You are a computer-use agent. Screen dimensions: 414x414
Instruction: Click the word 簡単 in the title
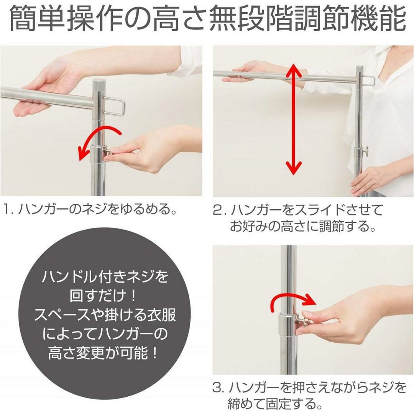click(37, 19)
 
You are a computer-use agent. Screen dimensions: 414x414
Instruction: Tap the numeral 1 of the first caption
click(6, 209)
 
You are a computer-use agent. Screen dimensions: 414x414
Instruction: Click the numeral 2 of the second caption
click(218, 210)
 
